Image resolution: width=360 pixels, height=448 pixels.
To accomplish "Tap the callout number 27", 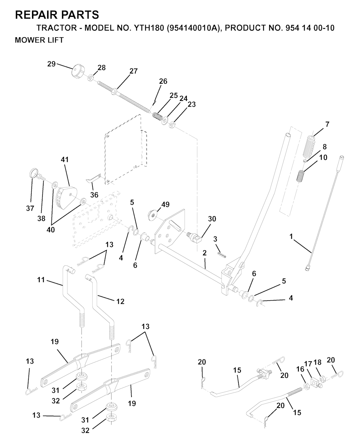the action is pos(134,71).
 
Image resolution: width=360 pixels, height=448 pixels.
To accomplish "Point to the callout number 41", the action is pos(65,160).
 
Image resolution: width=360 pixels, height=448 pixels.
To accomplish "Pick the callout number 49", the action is pos(165,204).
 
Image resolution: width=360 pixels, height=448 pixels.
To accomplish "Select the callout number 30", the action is pos(212,219).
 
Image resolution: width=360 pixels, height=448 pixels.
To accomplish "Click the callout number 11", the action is pos(41,280).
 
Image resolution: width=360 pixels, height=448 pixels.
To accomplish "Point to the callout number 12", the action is pos(120,301).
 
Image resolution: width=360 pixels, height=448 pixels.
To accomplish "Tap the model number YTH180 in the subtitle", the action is pos(149,28).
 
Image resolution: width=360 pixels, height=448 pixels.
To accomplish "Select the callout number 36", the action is pos(94,195).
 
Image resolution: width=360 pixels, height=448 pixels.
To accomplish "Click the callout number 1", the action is pos(291,236).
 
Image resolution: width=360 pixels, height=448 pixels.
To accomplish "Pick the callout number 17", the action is pos(308,364).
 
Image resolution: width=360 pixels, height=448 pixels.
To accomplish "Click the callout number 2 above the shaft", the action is pos(205,253).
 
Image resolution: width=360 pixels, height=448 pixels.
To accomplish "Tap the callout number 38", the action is pos(41,218).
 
